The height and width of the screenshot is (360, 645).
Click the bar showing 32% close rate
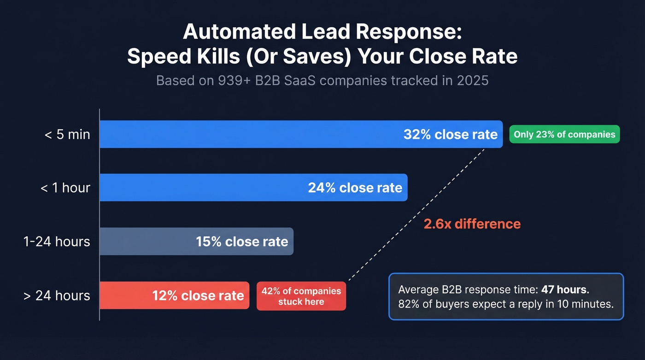pos(276,134)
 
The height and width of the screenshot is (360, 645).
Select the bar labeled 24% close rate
pos(230,188)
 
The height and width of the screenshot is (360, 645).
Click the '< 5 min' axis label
pos(67,135)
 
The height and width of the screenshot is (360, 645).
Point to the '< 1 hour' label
pos(65,188)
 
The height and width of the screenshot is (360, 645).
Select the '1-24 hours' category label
pos(57,242)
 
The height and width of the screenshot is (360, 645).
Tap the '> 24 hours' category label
pos(57,295)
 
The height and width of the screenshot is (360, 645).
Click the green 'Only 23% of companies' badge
pos(564,135)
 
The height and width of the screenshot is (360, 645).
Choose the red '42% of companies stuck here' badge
pos(301,296)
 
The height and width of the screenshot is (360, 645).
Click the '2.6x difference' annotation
pos(472,224)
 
